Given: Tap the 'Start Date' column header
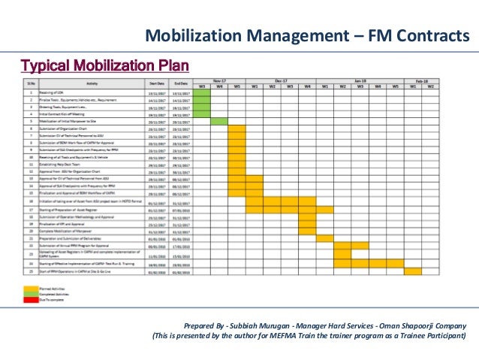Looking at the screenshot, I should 157,83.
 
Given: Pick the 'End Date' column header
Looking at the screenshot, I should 181,83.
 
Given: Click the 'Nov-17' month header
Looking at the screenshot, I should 219,80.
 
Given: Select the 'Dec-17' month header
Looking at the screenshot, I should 281,80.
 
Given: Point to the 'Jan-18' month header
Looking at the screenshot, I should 360,80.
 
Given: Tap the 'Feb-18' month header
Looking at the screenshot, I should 421,80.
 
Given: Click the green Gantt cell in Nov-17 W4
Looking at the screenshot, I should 219,121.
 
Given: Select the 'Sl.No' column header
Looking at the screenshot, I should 31,83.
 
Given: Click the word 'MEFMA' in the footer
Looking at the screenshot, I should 286,335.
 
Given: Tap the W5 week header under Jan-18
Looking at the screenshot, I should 395,86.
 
